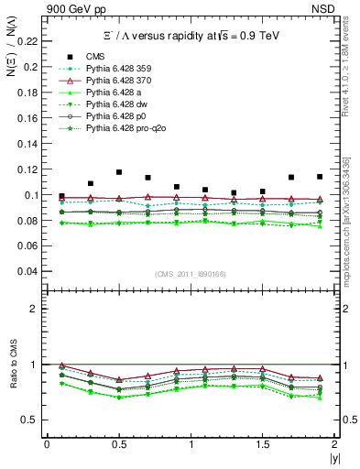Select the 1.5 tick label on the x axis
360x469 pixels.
click(263, 444)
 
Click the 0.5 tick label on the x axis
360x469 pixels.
click(118, 444)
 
